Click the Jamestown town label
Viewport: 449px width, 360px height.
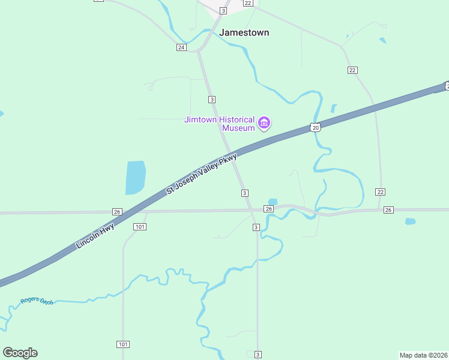pyautogui.click(x=244, y=32)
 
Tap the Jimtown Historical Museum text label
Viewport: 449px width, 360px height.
pyautogui.click(x=219, y=124)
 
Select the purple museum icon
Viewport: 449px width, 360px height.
pyautogui.click(x=264, y=124)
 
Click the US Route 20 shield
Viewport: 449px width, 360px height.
pyautogui.click(x=316, y=127)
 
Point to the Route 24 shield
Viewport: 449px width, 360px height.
pyautogui.click(x=181, y=47)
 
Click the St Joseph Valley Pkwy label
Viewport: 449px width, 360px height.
pyautogui.click(x=202, y=174)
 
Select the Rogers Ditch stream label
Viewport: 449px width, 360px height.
pyautogui.click(x=37, y=301)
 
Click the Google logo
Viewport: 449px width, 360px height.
pyautogui.click(x=20, y=353)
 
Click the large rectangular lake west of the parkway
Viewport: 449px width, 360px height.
pyautogui.click(x=136, y=178)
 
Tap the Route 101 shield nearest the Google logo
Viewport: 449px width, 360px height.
pyautogui.click(x=122, y=344)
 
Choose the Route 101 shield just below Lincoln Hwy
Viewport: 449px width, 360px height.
pyautogui.click(x=140, y=226)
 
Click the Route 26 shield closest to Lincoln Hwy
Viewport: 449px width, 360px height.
pyautogui.click(x=117, y=212)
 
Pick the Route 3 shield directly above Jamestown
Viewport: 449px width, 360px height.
pyautogui.click(x=223, y=11)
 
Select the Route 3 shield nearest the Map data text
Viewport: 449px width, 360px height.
pyautogui.click(x=258, y=355)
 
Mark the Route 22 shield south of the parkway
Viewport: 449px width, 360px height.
pyautogui.click(x=380, y=191)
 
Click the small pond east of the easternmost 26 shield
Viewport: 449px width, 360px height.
pyautogui.click(x=410, y=221)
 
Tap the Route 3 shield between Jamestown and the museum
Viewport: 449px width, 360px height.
pyautogui.click(x=211, y=99)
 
